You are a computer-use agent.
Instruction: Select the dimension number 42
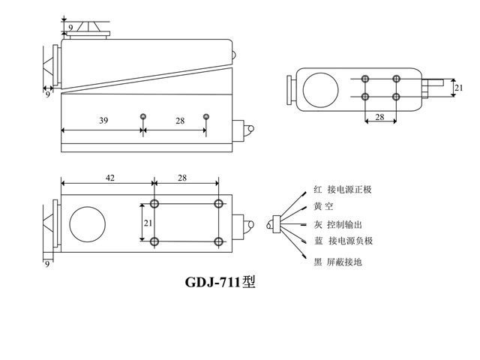tap(109, 178)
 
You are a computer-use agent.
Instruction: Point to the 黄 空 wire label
tap(324, 207)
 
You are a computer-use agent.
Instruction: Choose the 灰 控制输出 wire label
tap(338, 224)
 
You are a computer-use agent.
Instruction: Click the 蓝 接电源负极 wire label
tap(343, 241)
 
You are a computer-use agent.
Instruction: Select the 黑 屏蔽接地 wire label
tap(338, 262)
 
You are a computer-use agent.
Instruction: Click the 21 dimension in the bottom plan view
tap(147, 223)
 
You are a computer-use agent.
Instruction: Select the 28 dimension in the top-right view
tap(379, 117)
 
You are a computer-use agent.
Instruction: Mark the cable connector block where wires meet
tap(276, 223)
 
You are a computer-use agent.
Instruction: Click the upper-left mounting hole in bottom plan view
tap(154, 204)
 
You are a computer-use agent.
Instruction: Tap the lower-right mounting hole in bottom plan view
tap(218, 241)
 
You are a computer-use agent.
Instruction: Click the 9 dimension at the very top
tap(70, 28)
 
